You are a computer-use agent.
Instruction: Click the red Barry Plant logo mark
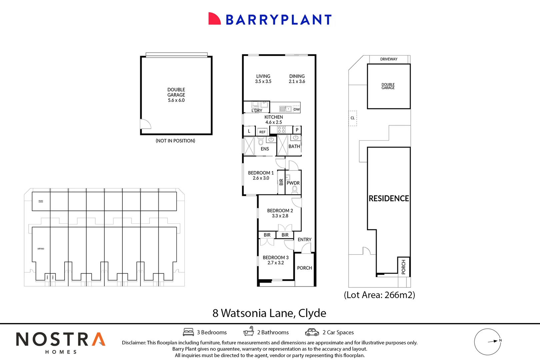coord(214,19)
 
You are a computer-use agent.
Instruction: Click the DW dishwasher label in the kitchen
coord(296,109)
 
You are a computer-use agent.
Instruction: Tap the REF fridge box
coord(262,132)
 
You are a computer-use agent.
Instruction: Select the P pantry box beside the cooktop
coord(297,130)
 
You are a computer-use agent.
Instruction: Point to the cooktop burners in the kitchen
coord(281,130)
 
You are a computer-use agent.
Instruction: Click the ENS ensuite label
coord(265,149)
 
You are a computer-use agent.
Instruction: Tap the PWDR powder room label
coord(293,183)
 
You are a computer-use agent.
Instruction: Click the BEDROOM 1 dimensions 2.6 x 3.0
coord(261,178)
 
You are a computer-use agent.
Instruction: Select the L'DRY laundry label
coord(257,110)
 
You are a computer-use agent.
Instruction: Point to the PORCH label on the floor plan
coord(304,268)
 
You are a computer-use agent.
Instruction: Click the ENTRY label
coord(304,240)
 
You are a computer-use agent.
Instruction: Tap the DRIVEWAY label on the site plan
coord(389,59)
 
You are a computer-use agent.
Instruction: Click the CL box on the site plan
coord(353,118)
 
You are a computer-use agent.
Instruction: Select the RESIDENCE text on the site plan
coord(389,199)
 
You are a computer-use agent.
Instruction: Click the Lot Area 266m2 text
coord(379,295)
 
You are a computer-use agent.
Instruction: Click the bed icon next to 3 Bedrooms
coord(188,332)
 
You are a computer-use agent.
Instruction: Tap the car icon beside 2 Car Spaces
coord(312,332)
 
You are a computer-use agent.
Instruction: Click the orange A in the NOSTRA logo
coord(99,339)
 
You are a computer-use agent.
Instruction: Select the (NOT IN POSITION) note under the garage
coord(175,141)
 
